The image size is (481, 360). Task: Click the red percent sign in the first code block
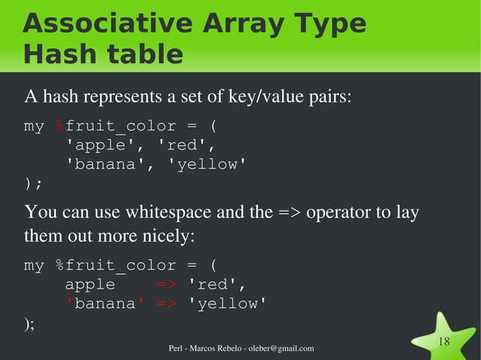60,126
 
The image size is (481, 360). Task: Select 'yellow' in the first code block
212,163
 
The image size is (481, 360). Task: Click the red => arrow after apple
167,285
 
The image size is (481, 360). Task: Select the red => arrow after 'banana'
167,304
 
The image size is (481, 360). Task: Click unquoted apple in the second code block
90,285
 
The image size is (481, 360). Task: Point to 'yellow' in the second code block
227,304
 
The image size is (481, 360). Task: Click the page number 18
444,343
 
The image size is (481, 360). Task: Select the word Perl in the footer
178,348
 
